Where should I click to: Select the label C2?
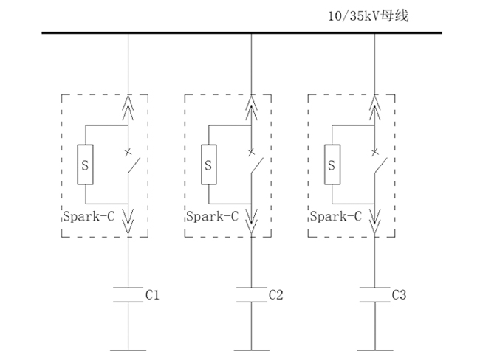[275, 295]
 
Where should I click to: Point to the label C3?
[399, 295]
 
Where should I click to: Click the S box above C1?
[85, 165]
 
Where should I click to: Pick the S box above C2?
[208, 165]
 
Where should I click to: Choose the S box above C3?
[332, 165]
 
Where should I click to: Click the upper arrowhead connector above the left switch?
[128, 108]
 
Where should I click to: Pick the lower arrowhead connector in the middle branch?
[252, 221]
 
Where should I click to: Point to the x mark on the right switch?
[375, 152]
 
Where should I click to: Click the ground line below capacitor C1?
[128, 349]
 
